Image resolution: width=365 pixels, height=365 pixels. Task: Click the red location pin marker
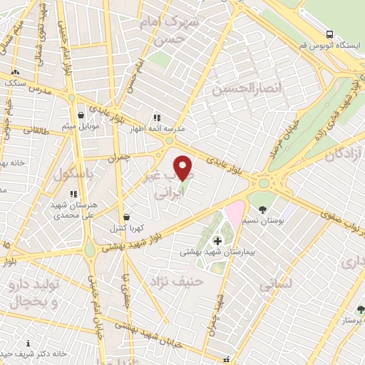[x=183, y=168]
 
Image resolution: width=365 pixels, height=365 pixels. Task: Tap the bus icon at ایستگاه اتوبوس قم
[x=329, y=34]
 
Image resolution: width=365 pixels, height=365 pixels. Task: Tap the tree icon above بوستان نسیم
[x=263, y=210]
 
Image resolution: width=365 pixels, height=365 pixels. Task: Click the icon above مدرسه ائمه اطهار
[x=156, y=118]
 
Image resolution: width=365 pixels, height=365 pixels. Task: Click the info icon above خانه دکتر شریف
[x=28, y=343]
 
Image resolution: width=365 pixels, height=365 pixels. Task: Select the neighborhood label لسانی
[x=274, y=285]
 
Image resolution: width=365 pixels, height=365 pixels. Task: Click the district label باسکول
[x=64, y=173]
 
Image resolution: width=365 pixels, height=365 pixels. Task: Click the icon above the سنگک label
[x=15, y=72]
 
